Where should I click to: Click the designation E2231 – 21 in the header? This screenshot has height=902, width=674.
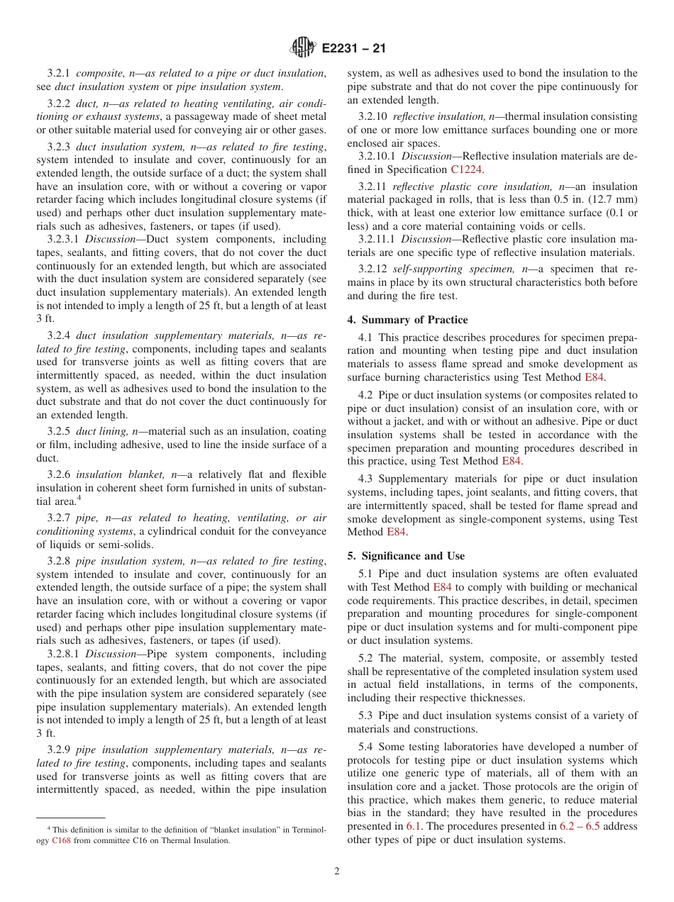tap(354, 49)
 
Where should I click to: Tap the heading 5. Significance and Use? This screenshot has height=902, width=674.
tap(406, 556)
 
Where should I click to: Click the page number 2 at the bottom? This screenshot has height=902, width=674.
tap(337, 872)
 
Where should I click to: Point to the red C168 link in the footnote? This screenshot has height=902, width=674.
tap(61, 840)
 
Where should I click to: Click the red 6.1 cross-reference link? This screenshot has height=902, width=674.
tap(414, 826)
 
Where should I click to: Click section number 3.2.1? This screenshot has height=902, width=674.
tap(59, 74)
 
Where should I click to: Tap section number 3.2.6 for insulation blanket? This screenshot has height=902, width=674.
tap(59, 474)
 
